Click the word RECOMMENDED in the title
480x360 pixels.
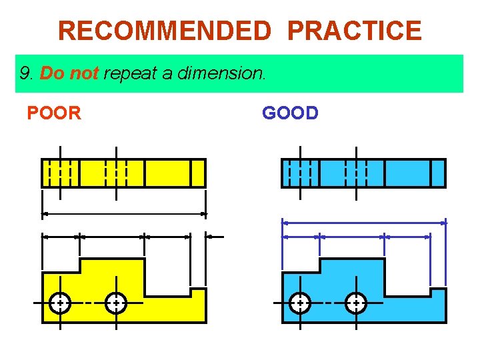click(165, 31)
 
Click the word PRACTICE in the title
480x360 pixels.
click(355, 31)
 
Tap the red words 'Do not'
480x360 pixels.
click(69, 73)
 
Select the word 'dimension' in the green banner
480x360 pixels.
click(221, 73)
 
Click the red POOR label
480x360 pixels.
click(54, 113)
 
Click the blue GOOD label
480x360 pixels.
click(290, 113)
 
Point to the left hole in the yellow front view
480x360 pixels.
click(60, 303)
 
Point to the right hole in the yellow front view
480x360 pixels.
click(116, 303)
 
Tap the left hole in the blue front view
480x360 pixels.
click(300, 303)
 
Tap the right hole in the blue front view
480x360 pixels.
click(356, 303)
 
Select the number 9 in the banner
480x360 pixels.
click(25, 73)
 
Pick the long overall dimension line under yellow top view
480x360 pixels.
click(124, 214)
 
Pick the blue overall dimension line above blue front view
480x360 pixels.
click(364, 221)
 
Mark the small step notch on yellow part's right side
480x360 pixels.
click(198, 292)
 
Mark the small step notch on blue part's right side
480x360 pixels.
click(438, 292)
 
